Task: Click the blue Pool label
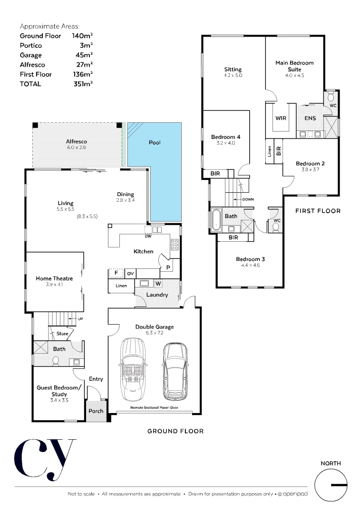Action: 155,142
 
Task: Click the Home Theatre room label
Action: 54,278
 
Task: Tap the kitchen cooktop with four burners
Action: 175,245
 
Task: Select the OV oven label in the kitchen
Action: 130,274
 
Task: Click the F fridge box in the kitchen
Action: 116,274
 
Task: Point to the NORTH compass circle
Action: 331,485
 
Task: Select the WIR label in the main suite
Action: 281,118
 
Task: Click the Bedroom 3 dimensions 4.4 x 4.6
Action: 250,265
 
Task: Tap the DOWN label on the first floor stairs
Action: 248,199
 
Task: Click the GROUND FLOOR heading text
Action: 175,431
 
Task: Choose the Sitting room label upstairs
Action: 233,69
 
